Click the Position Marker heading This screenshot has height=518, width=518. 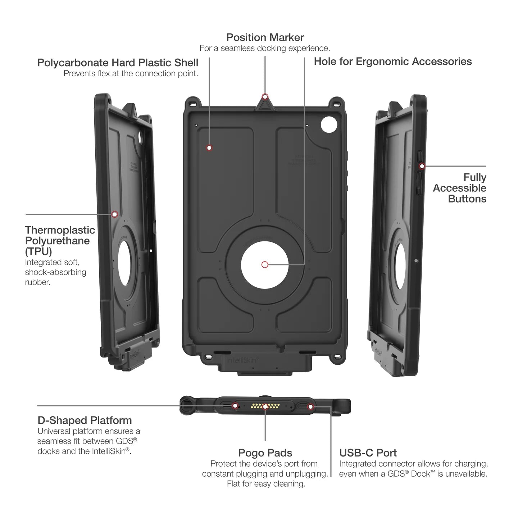click(x=265, y=37)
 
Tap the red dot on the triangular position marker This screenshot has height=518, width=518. click(x=265, y=96)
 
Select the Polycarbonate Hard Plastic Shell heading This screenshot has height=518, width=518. click(x=118, y=63)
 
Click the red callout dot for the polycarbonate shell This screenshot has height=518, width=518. click(x=209, y=148)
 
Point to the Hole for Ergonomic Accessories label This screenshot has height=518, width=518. click(x=392, y=62)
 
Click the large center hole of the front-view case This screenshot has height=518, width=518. click(x=265, y=264)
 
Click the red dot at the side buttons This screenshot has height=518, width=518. click(x=422, y=166)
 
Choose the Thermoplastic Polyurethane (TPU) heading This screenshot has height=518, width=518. click(x=60, y=240)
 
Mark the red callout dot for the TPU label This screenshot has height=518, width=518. click(x=115, y=214)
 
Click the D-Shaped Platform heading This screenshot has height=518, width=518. click(x=85, y=420)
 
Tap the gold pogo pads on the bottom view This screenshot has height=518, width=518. click(x=265, y=406)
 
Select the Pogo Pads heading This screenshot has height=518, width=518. click(x=265, y=453)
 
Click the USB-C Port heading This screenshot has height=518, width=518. click(x=368, y=453)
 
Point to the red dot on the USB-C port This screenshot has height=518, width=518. click(x=311, y=407)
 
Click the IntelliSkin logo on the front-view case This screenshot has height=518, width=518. click(x=242, y=360)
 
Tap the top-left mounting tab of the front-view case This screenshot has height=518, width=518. click(x=193, y=102)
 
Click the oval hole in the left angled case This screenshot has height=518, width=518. click(x=124, y=263)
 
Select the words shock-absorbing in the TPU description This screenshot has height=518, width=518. click(x=55, y=272)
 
